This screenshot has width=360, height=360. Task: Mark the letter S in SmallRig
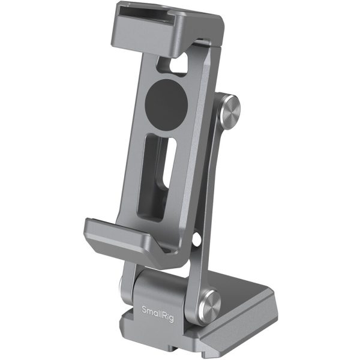143,310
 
